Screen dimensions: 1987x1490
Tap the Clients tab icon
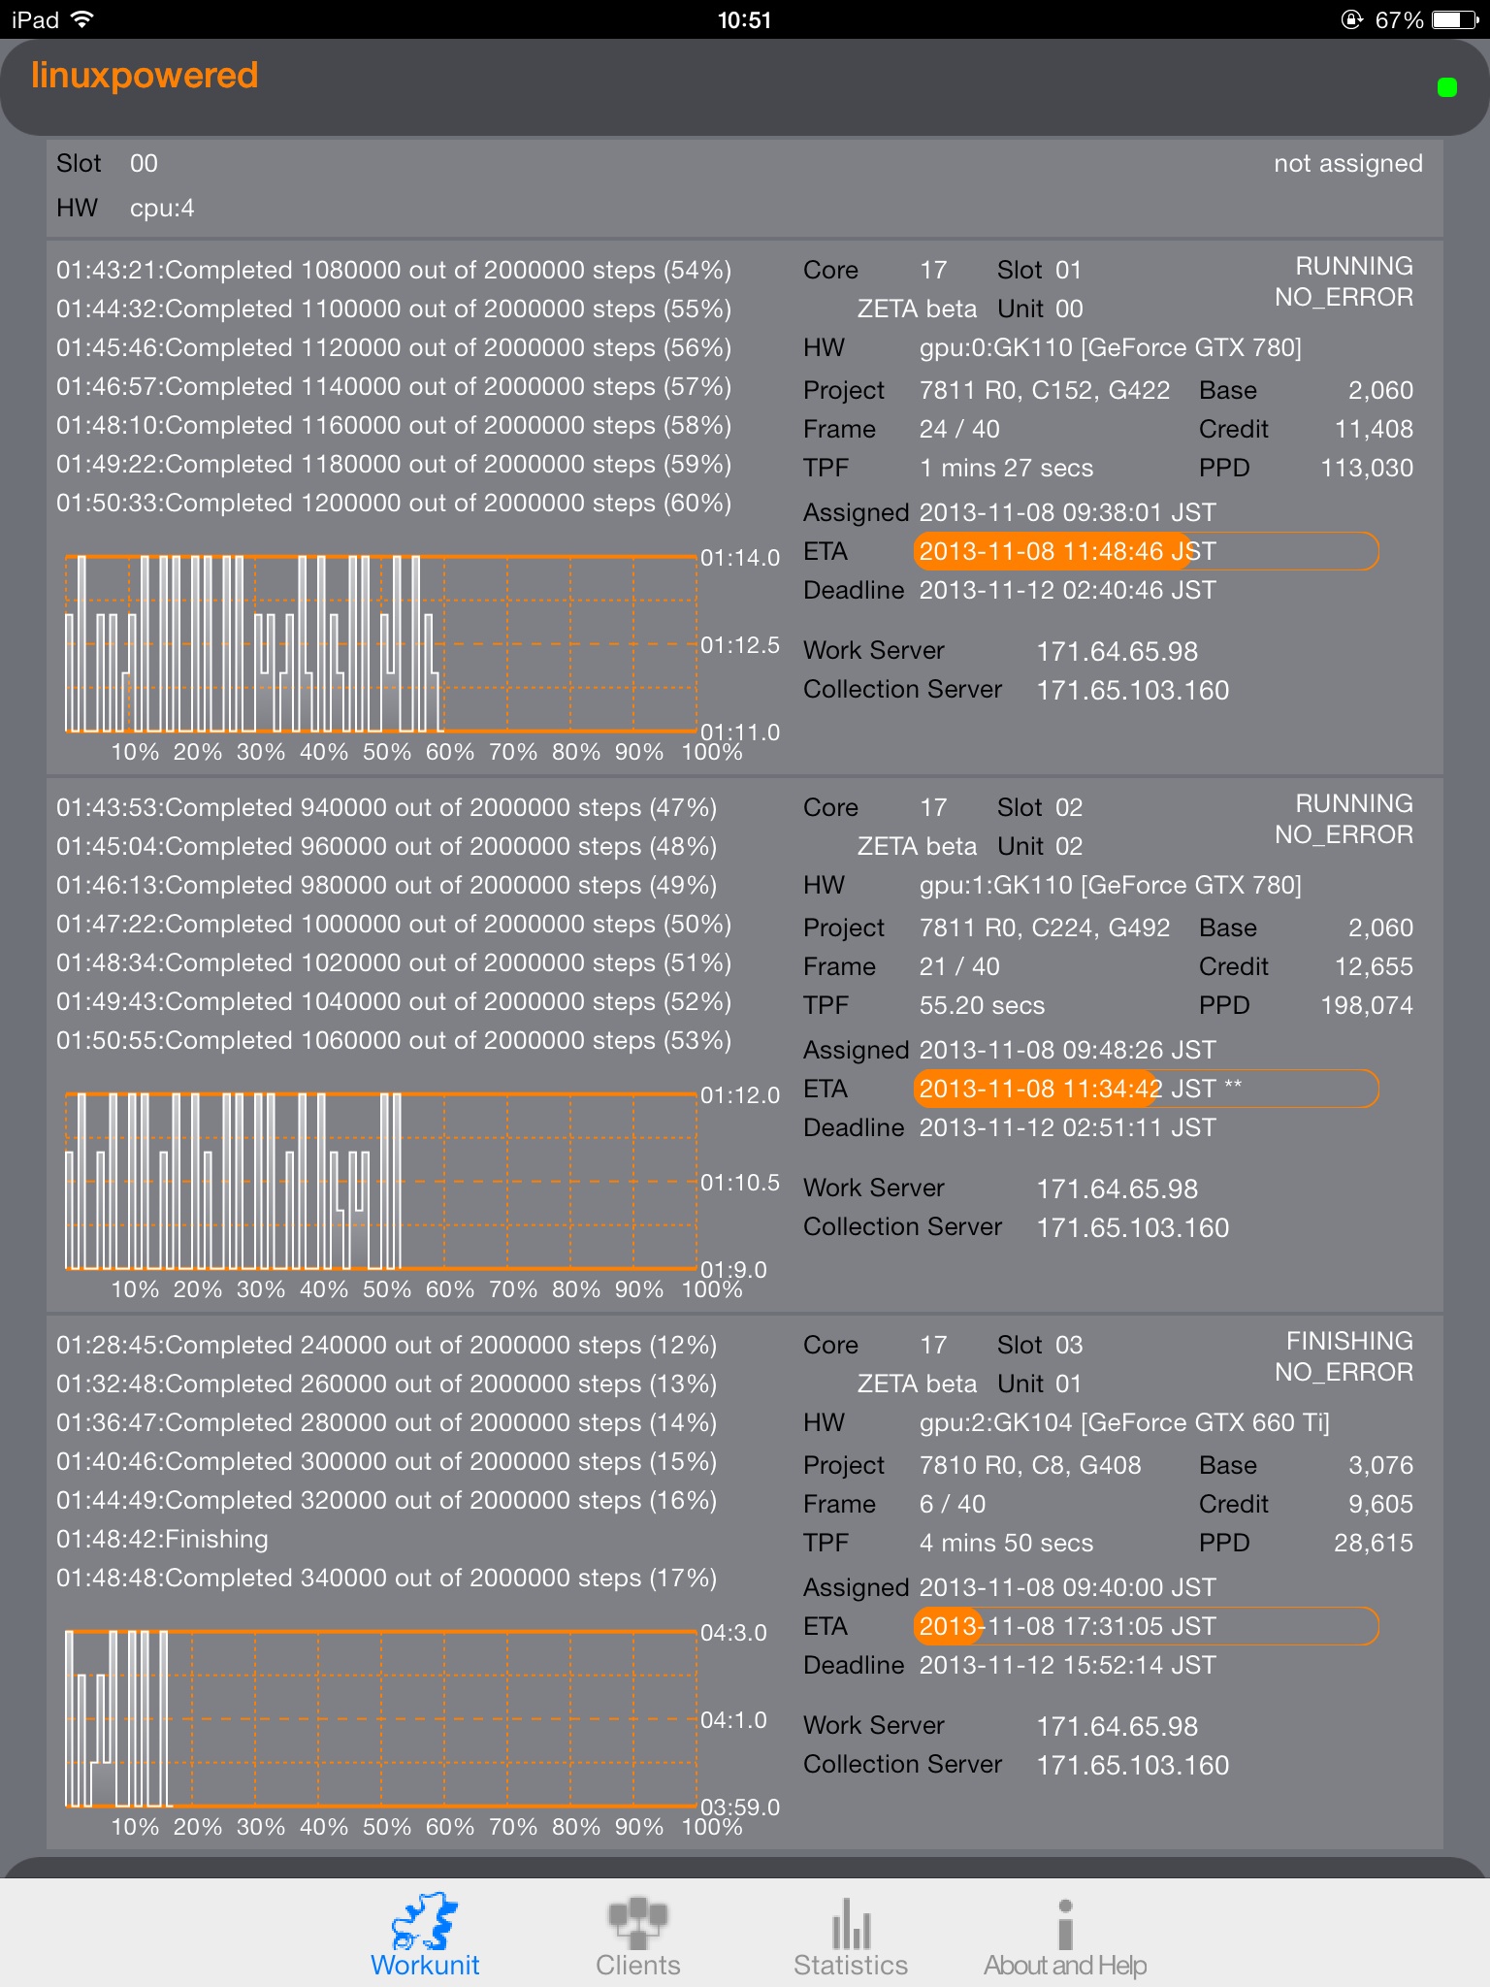pyautogui.click(x=637, y=1923)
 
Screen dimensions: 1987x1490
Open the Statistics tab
pyautogui.click(x=850, y=1937)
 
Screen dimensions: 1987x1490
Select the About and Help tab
pyautogui.click(x=1064, y=1937)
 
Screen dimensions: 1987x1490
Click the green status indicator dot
pyautogui.click(x=1446, y=88)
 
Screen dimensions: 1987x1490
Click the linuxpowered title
pyautogui.click(x=145, y=76)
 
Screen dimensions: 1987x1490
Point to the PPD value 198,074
pyautogui.click(x=1366, y=1005)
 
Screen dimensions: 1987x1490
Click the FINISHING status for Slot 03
pyautogui.click(x=1348, y=1341)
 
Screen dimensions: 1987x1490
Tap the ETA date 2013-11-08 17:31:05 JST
pyautogui.click(x=1067, y=1626)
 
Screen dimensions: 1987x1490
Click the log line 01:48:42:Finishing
pyautogui.click(x=162, y=1539)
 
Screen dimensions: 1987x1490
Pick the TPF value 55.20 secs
pyautogui.click(x=982, y=1005)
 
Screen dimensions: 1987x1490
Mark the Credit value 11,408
pyautogui.click(x=1374, y=429)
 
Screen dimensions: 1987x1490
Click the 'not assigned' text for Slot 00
pyautogui.click(x=1347, y=163)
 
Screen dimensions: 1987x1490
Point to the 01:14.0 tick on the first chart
pyautogui.click(x=740, y=558)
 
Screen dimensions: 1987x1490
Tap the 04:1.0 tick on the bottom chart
pyautogui.click(x=733, y=1720)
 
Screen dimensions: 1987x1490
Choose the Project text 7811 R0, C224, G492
pyautogui.click(x=1045, y=928)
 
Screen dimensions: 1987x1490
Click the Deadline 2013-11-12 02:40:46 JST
pyautogui.click(x=1067, y=590)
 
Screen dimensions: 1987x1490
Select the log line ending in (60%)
pyautogui.click(x=394, y=503)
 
